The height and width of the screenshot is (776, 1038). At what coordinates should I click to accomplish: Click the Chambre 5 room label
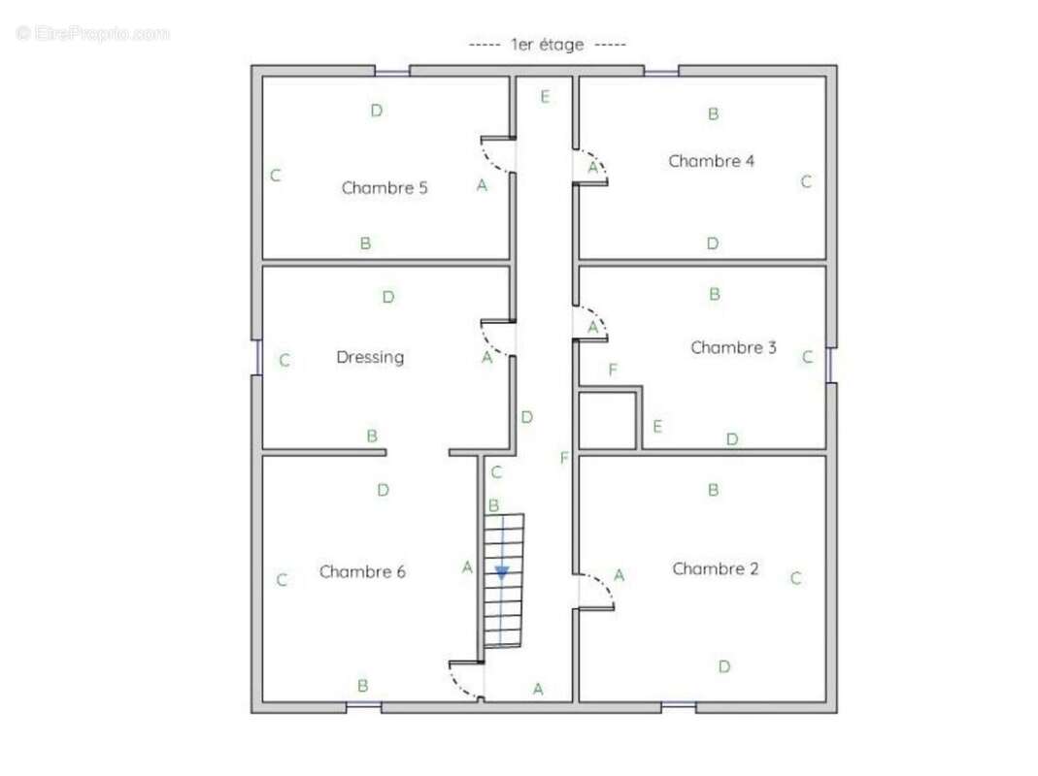point(385,188)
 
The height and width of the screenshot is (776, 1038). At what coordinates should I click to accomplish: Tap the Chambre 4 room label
point(711,161)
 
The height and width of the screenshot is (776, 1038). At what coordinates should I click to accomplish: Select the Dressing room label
point(370,358)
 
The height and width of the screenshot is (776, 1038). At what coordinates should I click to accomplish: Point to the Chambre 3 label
point(733,347)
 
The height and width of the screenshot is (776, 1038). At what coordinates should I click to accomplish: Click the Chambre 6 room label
point(362,571)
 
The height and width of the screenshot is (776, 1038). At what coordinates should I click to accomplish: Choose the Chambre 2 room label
point(716,569)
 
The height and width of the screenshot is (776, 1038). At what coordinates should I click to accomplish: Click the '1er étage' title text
point(548,45)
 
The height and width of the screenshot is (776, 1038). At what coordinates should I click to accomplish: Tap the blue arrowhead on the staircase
point(502,573)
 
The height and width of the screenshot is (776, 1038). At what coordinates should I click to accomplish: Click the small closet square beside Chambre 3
point(608,421)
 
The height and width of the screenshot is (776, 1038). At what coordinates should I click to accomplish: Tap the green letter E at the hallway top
point(545,97)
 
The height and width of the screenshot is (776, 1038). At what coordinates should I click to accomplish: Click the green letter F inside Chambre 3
point(613,370)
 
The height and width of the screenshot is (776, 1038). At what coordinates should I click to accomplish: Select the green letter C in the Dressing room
point(285,361)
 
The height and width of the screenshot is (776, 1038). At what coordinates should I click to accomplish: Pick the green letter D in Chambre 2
point(724,666)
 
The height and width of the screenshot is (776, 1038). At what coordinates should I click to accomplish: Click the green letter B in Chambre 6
point(363,686)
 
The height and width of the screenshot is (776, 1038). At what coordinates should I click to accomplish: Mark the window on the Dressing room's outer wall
point(258,357)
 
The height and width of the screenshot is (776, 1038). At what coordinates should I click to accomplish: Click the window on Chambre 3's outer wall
point(830,365)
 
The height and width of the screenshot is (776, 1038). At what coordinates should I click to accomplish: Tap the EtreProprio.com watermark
point(92,33)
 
